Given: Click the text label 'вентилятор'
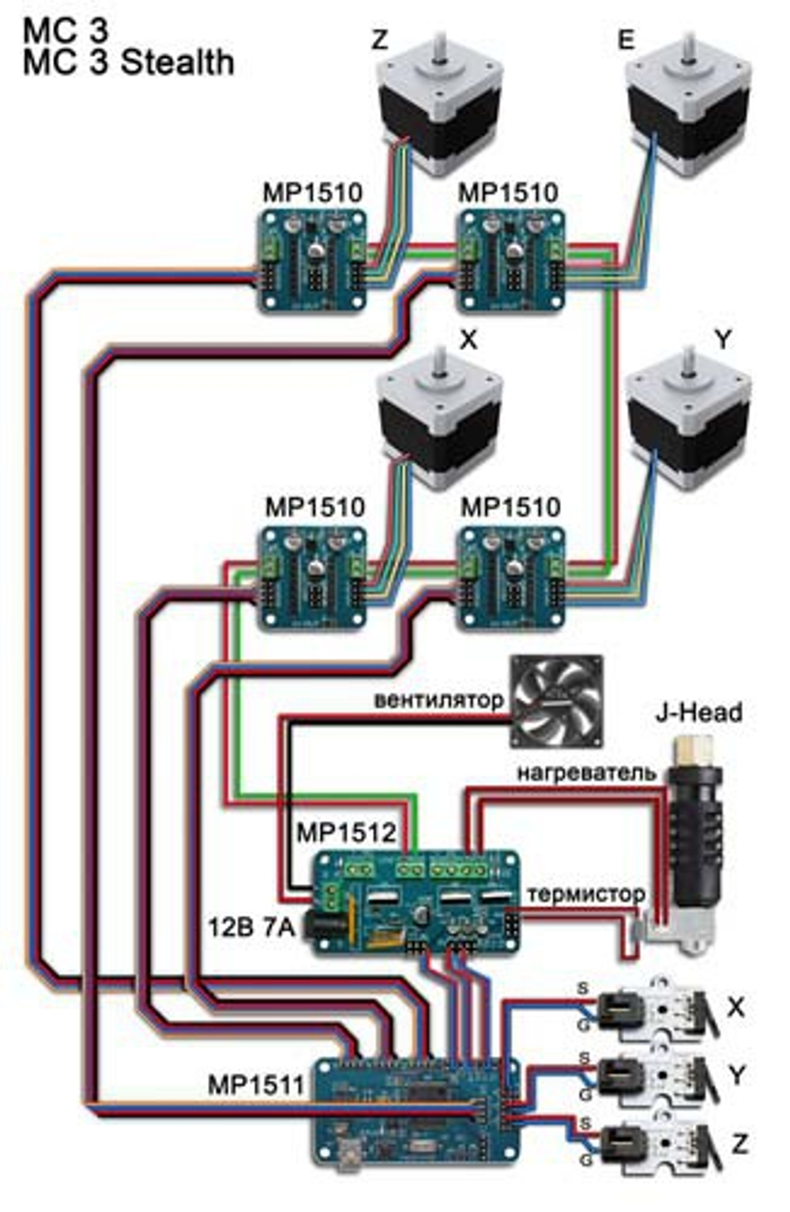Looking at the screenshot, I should [438, 700].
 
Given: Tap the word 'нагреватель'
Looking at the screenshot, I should [586, 772].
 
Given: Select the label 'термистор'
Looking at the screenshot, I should [585, 894].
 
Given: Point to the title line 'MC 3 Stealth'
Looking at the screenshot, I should [129, 62].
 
